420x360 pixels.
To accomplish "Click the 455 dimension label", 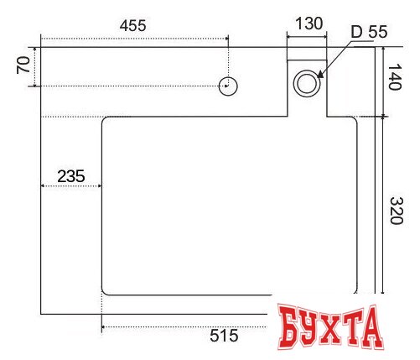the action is click(x=132, y=25).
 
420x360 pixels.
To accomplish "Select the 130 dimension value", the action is click(x=309, y=23).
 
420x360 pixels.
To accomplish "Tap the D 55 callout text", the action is click(x=369, y=32).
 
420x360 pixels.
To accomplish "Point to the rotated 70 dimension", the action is click(x=23, y=65).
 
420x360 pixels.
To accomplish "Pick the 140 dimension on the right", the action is click(x=395, y=77).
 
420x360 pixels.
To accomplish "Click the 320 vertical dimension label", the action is click(x=397, y=211).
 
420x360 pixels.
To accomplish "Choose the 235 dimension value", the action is click(x=71, y=176).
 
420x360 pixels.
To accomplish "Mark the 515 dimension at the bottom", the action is click(x=224, y=336).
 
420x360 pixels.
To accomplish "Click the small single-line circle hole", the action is click(x=228, y=86).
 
